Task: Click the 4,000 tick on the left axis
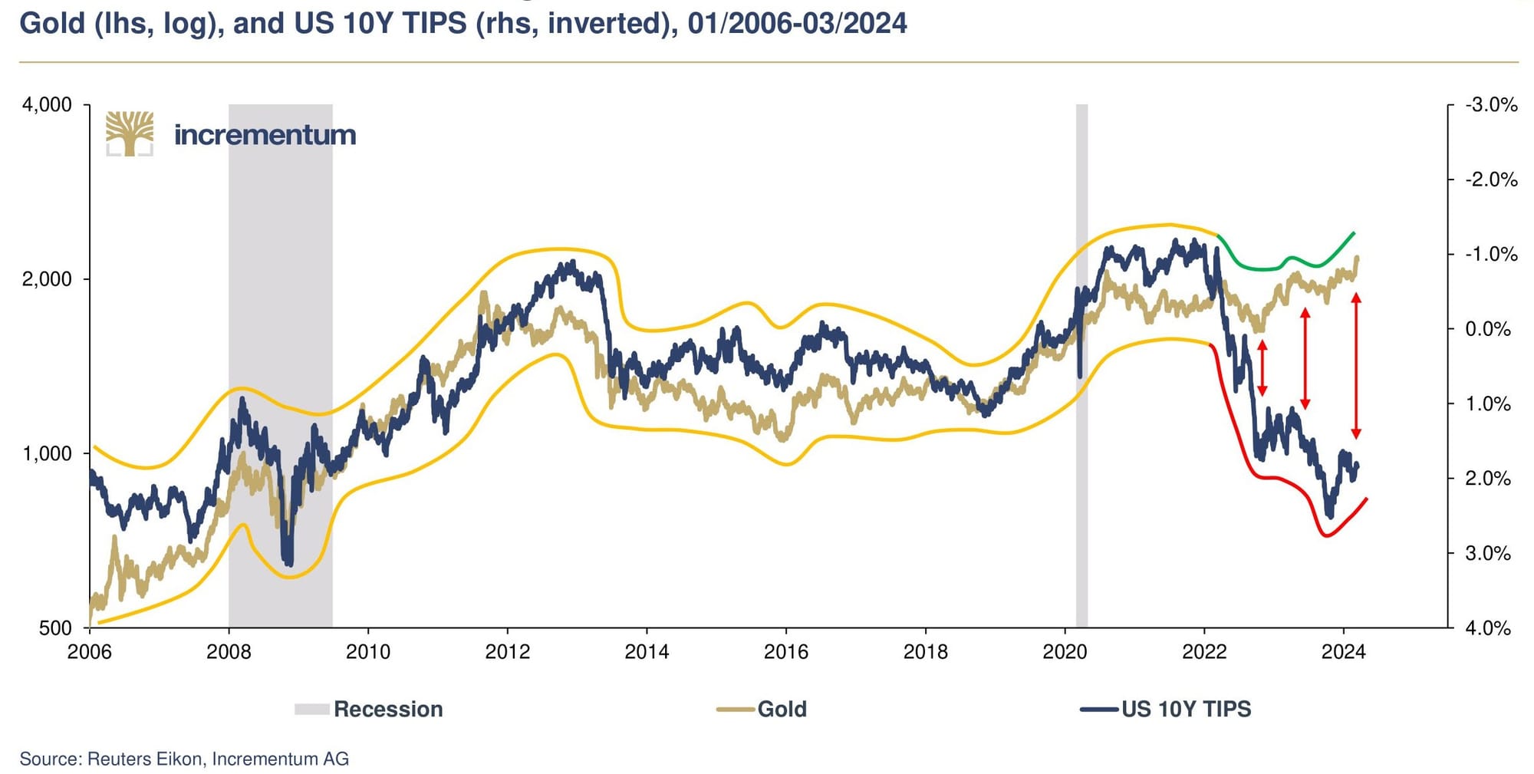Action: coord(47,105)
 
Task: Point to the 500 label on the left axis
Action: coord(55,628)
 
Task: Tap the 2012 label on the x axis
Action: coord(507,652)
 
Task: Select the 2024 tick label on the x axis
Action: coord(1343,652)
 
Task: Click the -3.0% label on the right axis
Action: coord(1490,105)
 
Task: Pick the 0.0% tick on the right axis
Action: coord(1487,329)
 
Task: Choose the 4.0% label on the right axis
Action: coord(1487,628)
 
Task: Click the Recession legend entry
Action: coord(369,709)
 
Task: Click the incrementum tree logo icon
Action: coord(130,134)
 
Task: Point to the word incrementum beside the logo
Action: coord(265,136)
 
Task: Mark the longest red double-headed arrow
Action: coord(1356,366)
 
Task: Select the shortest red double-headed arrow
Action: coord(1262,368)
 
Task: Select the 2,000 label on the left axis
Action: coord(47,279)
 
